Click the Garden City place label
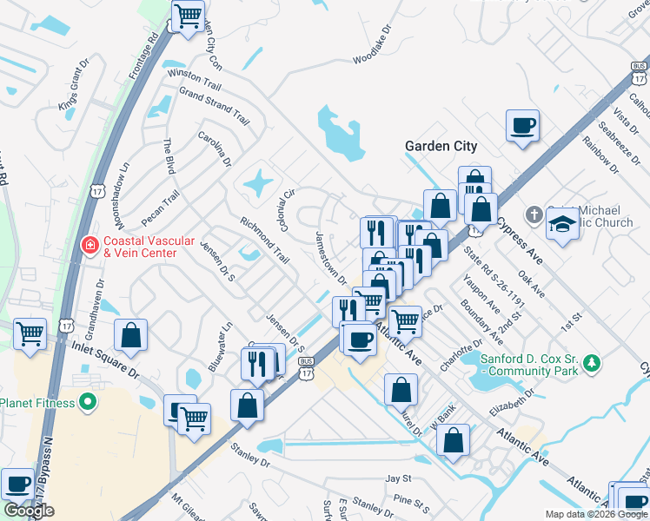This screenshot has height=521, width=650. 441,146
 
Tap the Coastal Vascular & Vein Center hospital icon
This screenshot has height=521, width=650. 89,247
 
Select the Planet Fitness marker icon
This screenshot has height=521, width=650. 87,402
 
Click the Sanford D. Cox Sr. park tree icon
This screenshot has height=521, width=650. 592,362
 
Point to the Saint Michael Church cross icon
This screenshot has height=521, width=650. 534,213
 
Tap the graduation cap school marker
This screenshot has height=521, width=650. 562,224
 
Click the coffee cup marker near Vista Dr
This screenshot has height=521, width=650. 522,126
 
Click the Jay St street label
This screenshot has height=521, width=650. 398,478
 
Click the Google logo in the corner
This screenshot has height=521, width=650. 29,511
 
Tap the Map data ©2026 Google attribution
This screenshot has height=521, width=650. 596,514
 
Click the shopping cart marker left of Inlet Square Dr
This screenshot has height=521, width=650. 30,333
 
